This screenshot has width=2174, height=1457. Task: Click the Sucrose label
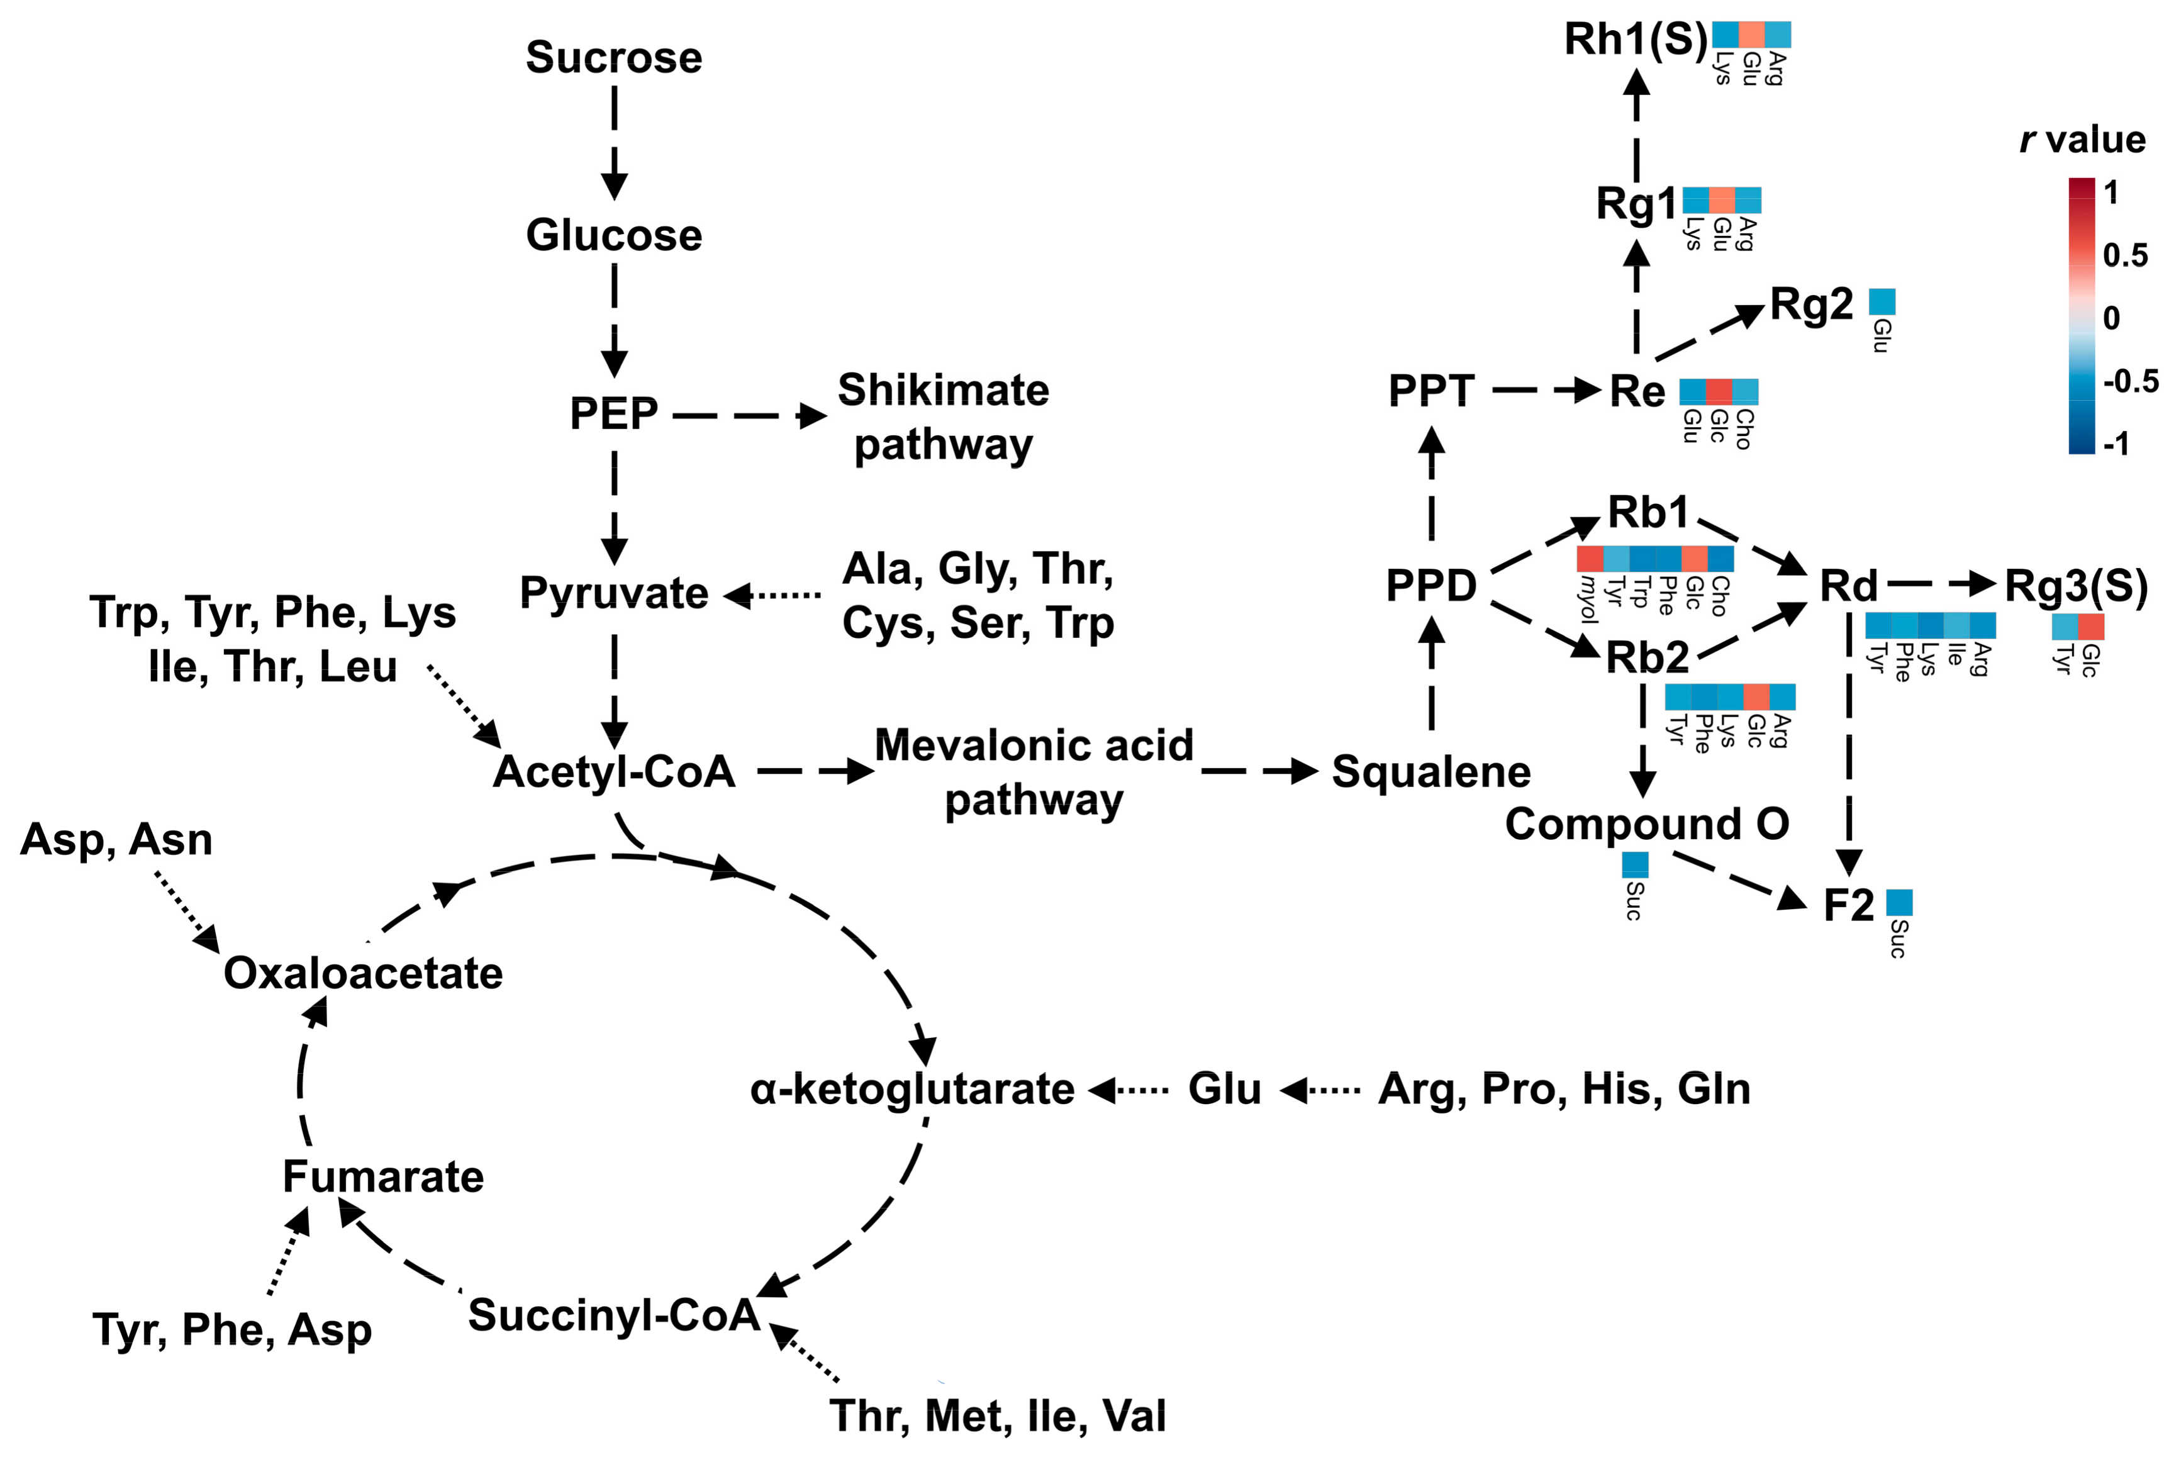(613, 58)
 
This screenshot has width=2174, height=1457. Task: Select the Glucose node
(613, 235)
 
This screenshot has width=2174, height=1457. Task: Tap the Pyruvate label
(613, 593)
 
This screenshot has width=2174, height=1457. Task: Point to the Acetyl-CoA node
(613, 772)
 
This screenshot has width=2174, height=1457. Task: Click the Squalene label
(1430, 772)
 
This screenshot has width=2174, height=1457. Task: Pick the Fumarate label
(382, 1177)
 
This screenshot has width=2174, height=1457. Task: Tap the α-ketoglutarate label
(912, 1089)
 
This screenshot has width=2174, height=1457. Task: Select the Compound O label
(1646, 824)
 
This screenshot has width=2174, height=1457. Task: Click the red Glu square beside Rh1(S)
(1751, 35)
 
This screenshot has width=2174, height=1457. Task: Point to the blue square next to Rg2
(1881, 302)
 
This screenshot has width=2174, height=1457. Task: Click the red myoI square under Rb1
(1590, 559)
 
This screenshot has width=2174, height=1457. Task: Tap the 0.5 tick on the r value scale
(2125, 255)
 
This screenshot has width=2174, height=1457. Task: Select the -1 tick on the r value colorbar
(2115, 444)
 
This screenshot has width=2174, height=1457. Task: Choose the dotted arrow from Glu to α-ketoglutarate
(1129, 1089)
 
